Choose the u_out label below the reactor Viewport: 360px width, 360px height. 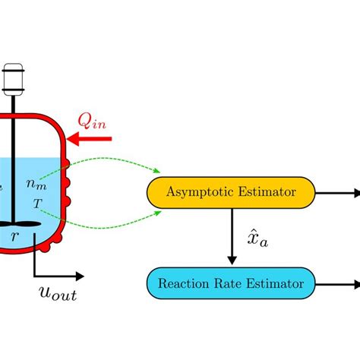click(58, 293)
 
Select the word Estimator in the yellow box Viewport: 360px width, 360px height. click(271, 193)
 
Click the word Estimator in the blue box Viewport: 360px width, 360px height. click(276, 284)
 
